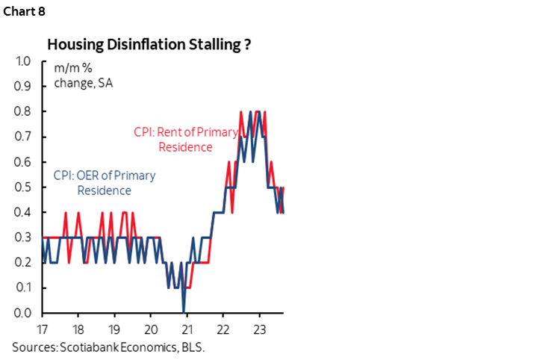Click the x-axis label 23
pyautogui.click(x=258, y=329)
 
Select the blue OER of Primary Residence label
pyautogui.click(x=105, y=183)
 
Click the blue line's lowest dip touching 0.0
pyautogui.click(x=184, y=311)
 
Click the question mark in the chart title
pyautogui.click(x=246, y=45)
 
